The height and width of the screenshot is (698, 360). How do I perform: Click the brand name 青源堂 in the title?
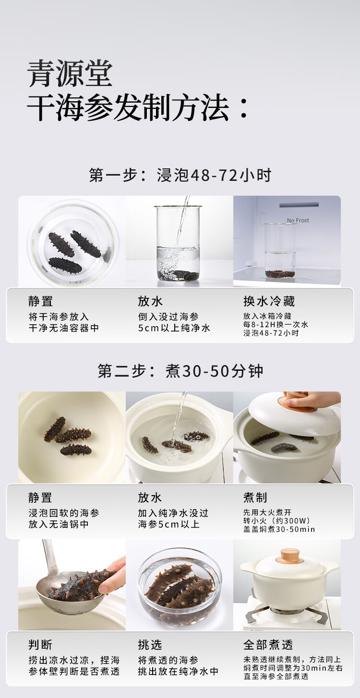[x=70, y=73]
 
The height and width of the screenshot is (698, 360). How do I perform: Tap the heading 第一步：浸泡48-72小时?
[x=180, y=175]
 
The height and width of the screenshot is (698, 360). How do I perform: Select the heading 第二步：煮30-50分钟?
[x=180, y=371]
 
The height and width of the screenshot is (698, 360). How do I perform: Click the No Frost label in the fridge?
[x=298, y=220]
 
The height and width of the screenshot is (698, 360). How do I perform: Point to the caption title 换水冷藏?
[x=269, y=301]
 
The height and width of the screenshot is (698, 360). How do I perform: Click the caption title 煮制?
[x=255, y=497]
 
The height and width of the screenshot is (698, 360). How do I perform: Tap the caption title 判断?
[x=40, y=644]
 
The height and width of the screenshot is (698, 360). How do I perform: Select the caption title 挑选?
[x=150, y=644]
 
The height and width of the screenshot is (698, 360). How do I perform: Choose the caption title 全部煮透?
[x=268, y=644]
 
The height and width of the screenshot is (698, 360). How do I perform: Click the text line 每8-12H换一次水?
[x=276, y=324]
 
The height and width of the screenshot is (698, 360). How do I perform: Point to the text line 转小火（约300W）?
[x=276, y=521]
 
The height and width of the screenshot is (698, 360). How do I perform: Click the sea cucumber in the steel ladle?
[x=82, y=586]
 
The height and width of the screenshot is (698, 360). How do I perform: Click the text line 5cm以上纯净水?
[x=174, y=328]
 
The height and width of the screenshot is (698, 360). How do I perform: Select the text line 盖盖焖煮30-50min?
[x=279, y=529]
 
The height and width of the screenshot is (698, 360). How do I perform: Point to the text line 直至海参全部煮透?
[x=276, y=676]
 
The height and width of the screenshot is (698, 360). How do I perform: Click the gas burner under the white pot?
[x=287, y=612]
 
